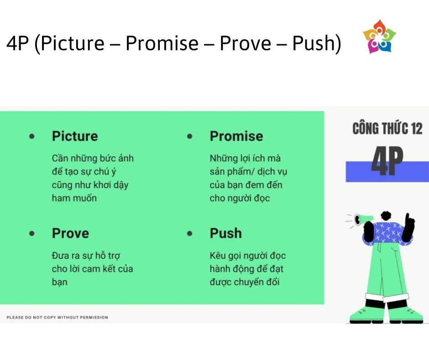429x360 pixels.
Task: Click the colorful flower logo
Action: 379,37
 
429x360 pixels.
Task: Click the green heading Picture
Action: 75,136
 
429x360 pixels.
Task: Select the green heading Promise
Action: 236,136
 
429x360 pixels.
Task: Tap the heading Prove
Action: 70,233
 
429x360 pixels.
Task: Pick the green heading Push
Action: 226,233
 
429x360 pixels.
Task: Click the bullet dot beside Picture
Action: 32,136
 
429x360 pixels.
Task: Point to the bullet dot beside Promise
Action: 189,136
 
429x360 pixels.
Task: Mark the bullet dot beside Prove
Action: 32,233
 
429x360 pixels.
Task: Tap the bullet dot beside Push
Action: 189,233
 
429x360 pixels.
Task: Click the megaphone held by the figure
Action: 363,219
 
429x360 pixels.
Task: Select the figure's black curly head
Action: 386,216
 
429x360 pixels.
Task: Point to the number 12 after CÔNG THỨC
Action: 417,128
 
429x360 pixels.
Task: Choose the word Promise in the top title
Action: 162,43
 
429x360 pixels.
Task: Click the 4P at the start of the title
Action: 17,43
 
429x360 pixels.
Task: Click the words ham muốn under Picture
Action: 74,198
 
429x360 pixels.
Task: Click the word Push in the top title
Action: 314,43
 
